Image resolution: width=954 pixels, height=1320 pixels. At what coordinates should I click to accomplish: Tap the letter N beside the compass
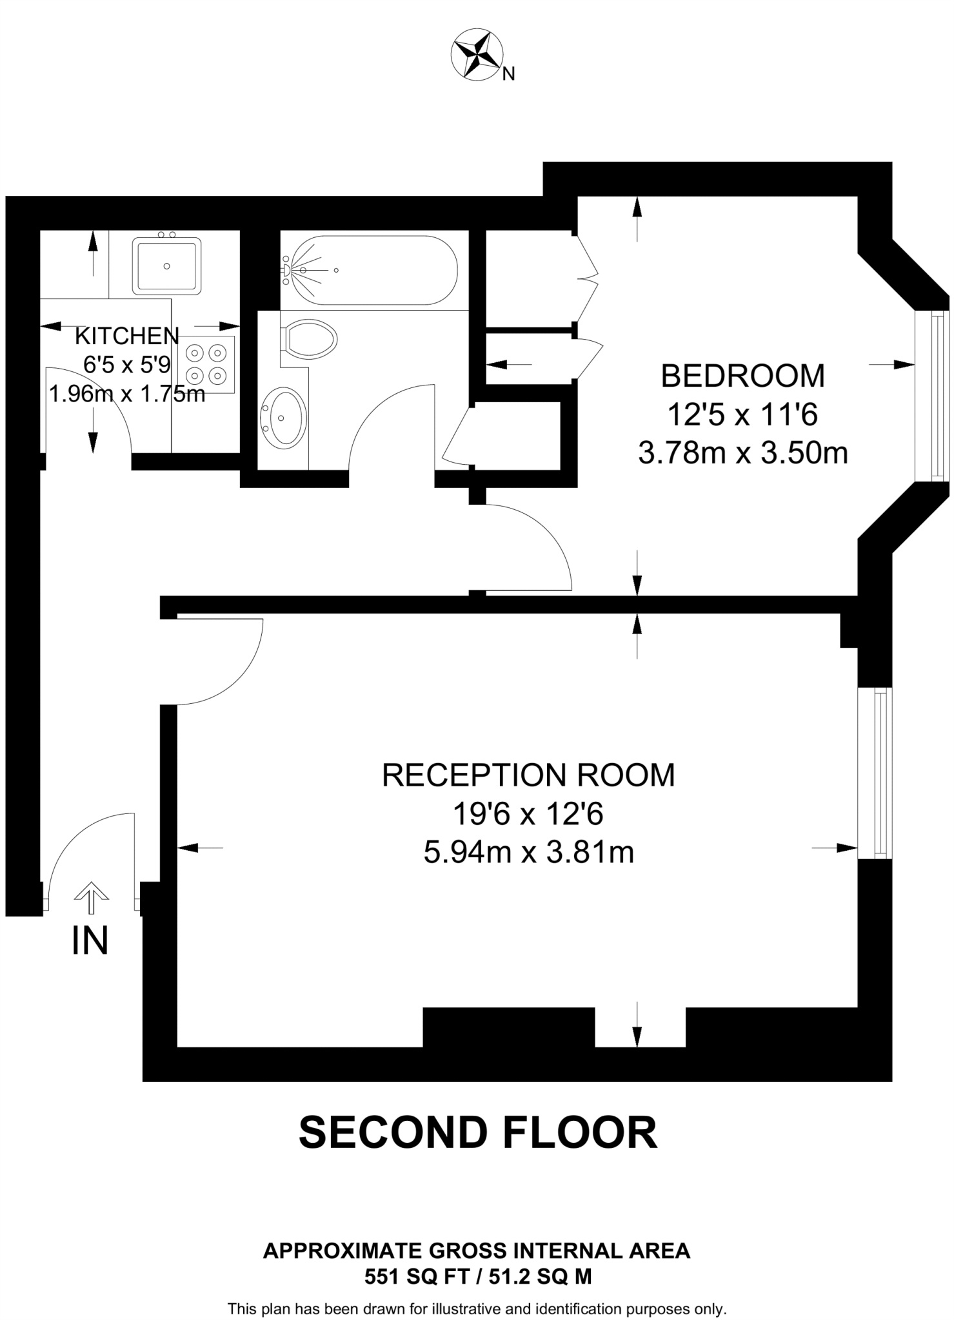pyautogui.click(x=509, y=75)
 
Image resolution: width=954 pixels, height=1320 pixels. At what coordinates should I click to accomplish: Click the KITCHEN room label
pyautogui.click(x=127, y=336)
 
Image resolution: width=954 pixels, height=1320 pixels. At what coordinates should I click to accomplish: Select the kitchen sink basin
pyautogui.click(x=166, y=266)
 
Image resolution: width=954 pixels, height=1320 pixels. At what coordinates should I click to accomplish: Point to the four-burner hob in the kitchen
pyautogui.click(x=207, y=364)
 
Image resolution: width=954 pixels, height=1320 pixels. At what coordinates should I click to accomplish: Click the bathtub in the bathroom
pyautogui.click(x=369, y=271)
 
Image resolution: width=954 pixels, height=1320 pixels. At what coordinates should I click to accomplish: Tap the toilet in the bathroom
pyautogui.click(x=308, y=338)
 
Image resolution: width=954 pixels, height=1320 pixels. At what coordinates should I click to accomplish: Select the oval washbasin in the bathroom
pyautogui.click(x=283, y=418)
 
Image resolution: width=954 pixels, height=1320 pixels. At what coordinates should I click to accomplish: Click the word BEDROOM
pyautogui.click(x=743, y=376)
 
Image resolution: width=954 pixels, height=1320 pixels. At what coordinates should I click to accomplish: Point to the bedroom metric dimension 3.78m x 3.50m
pyautogui.click(x=743, y=453)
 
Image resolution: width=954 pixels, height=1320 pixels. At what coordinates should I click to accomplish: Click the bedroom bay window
pyautogui.click(x=933, y=396)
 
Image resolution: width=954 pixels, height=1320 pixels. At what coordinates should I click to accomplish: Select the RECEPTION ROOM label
pyautogui.click(x=528, y=775)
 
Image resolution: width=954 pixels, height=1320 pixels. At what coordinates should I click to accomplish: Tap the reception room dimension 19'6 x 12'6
pyautogui.click(x=528, y=813)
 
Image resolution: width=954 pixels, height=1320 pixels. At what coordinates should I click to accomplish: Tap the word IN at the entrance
pyautogui.click(x=90, y=941)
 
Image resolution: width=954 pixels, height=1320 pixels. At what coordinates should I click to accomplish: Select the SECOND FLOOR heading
pyautogui.click(x=478, y=1132)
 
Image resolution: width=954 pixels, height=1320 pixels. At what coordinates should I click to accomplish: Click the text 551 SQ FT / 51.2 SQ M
pyautogui.click(x=478, y=1276)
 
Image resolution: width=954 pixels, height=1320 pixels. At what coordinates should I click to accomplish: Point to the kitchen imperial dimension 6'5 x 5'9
pyautogui.click(x=127, y=365)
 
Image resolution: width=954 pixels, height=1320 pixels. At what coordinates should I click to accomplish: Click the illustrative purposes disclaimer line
pyautogui.click(x=477, y=1309)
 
